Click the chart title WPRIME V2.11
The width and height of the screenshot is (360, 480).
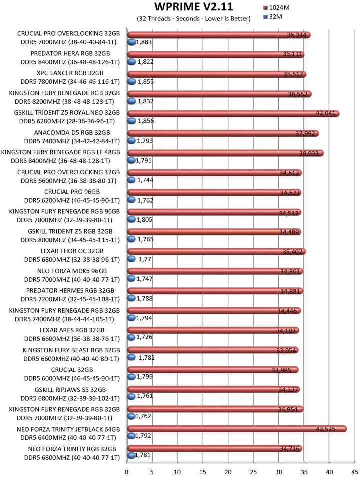194,6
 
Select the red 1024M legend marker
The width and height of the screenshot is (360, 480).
265,8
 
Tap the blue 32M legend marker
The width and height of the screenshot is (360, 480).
265,17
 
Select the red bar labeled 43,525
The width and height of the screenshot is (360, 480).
237,429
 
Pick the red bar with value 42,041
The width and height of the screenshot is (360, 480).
233,113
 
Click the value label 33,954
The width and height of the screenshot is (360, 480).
286,350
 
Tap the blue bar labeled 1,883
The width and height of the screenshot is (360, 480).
131,42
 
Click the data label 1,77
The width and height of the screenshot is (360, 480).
145,259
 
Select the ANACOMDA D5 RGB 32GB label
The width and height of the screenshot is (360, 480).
72,133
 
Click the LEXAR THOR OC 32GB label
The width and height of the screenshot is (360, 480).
72,251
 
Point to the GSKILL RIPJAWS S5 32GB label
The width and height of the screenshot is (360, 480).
70,390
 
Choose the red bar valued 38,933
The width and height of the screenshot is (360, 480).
225,153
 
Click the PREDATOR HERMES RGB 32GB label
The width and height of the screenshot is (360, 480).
70,291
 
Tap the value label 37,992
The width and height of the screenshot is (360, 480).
305,133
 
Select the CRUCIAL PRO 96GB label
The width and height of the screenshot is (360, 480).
72,192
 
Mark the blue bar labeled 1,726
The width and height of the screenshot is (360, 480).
131,337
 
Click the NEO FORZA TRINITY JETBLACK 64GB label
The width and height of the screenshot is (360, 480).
68,429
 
